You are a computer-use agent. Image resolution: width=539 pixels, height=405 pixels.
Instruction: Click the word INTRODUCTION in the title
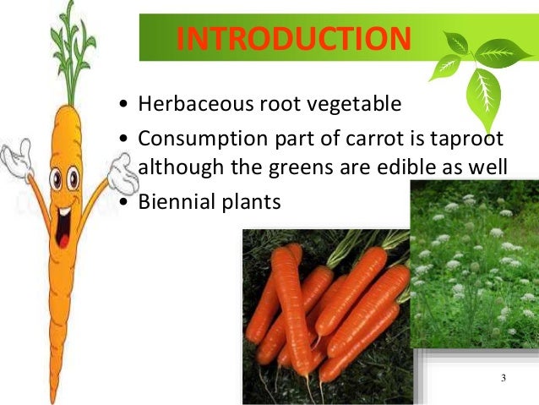click(294, 39)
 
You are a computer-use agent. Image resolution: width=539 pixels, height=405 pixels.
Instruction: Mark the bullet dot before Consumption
click(125, 139)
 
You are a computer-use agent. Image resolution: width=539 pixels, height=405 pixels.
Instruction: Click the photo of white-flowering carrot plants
click(474, 263)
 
